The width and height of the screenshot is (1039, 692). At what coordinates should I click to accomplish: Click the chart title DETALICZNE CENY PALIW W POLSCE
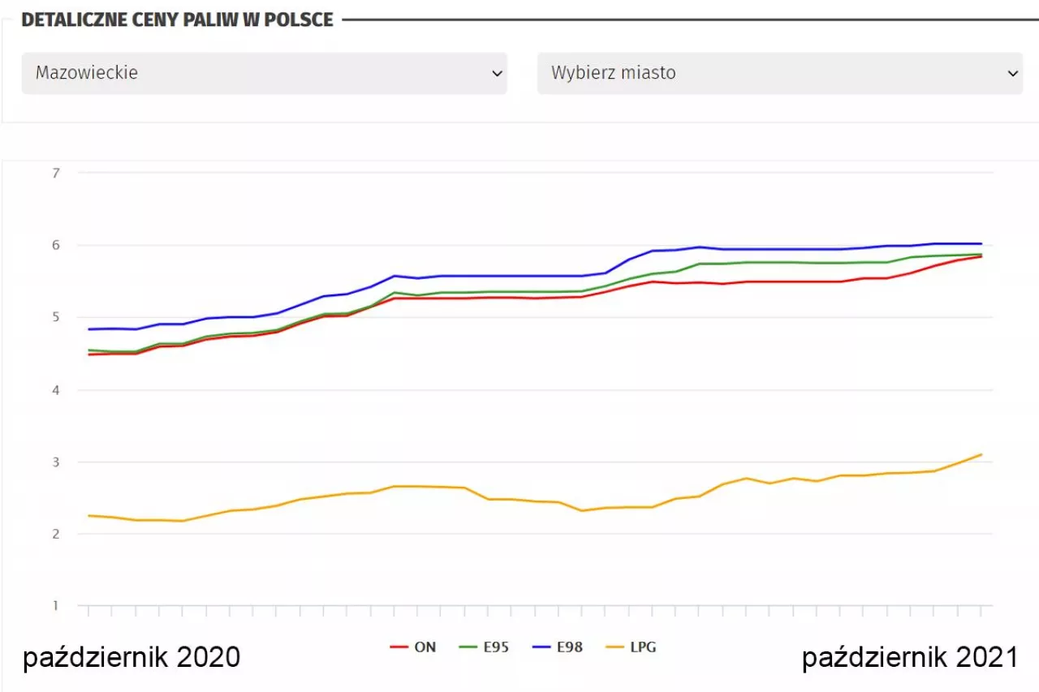pos(177,19)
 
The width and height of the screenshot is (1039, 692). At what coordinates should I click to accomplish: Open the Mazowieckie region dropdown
pos(264,73)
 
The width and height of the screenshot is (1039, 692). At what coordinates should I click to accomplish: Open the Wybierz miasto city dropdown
pos(779,73)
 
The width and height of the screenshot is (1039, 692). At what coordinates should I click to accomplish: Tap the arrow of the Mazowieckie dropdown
pos(497,73)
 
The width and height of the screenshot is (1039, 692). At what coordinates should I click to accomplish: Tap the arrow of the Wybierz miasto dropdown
pos(1012,73)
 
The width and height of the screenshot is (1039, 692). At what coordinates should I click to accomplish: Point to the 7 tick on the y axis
pos(55,173)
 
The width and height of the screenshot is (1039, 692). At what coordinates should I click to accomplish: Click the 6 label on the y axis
pos(55,245)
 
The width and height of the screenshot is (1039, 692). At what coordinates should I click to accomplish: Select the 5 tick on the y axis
pos(55,317)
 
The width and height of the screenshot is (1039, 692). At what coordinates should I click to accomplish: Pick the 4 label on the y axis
pos(55,389)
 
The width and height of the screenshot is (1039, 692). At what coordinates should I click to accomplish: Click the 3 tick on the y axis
pos(55,462)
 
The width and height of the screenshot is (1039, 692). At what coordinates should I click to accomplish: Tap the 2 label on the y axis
pos(55,534)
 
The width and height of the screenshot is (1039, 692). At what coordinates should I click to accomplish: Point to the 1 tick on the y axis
pos(55,606)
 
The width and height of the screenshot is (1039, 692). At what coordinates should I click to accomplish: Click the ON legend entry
pos(414,647)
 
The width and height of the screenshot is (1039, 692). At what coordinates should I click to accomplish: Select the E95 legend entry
pos(485,647)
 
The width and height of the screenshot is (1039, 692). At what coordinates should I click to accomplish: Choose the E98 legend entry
pos(558,647)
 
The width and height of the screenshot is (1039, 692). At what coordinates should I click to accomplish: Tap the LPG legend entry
pos(631,647)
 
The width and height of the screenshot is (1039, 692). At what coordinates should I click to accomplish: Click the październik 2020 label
pos(131,657)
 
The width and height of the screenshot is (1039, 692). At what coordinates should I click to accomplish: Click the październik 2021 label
pos(910,657)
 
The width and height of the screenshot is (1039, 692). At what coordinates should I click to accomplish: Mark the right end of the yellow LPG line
pos(981,454)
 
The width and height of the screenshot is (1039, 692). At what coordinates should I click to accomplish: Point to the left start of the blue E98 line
pos(88,329)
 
